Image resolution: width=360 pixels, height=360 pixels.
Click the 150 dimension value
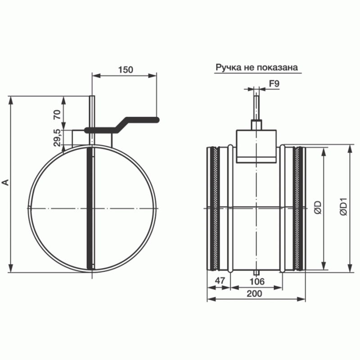click(125, 70)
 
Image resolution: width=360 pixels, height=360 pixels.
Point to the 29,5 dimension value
click(57, 138)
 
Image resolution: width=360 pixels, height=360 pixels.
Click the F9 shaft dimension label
click(274, 84)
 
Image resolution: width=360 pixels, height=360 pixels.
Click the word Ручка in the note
click(228, 68)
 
